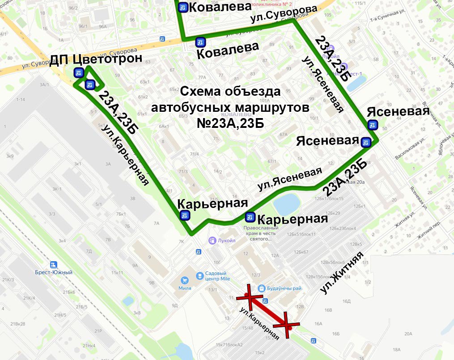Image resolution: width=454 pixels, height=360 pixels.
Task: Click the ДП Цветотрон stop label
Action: pyautogui.click(x=96, y=59)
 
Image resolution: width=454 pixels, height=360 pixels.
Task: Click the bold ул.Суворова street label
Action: pyautogui.click(x=284, y=15)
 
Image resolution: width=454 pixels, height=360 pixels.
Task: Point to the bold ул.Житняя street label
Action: pyautogui.click(x=343, y=273)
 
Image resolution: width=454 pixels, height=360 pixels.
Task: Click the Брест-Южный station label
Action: pyautogui.click(x=54, y=272)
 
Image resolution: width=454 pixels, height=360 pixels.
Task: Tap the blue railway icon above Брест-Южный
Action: pyautogui.click(x=54, y=265)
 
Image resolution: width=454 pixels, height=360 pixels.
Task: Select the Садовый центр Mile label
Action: pyautogui.click(x=216, y=276)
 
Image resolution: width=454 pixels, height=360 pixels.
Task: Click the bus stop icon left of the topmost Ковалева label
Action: pyautogui.click(x=183, y=8)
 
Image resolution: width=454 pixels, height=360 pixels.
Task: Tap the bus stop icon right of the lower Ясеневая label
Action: pyautogui.click(x=366, y=142)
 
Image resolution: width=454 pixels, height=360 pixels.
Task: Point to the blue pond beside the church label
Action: pyautogui.click(x=286, y=204)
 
